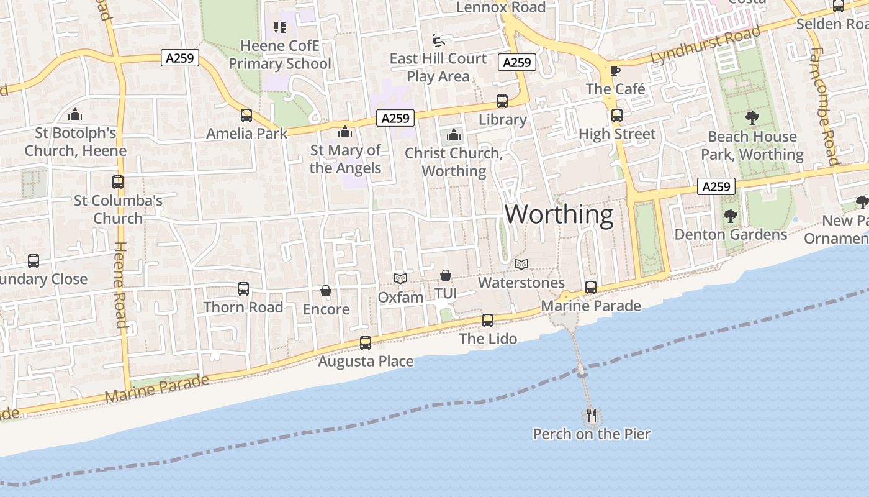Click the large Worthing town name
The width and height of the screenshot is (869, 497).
[559, 214]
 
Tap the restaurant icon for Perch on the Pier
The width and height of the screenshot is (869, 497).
[592, 414]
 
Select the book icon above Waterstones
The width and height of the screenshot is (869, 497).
[521, 265]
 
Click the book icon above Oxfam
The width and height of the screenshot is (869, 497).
[400, 278]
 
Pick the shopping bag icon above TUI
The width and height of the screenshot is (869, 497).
[445, 275]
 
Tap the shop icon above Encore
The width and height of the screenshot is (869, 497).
[325, 291]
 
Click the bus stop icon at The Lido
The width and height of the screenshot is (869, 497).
[488, 321]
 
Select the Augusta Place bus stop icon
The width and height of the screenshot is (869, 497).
[366, 343]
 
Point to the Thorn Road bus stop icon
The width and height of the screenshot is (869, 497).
[243, 289]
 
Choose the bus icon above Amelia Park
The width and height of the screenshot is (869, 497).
[246, 115]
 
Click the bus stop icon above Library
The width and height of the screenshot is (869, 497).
[502, 101]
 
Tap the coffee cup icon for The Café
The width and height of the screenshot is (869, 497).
[615, 71]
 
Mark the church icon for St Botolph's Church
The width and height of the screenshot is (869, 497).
[75, 114]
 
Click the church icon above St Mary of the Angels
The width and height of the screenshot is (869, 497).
[344, 132]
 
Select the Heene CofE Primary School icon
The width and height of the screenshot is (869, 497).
[279, 27]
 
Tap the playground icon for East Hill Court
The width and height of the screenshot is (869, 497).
[438, 40]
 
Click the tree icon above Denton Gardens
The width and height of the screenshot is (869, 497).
[730, 216]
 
